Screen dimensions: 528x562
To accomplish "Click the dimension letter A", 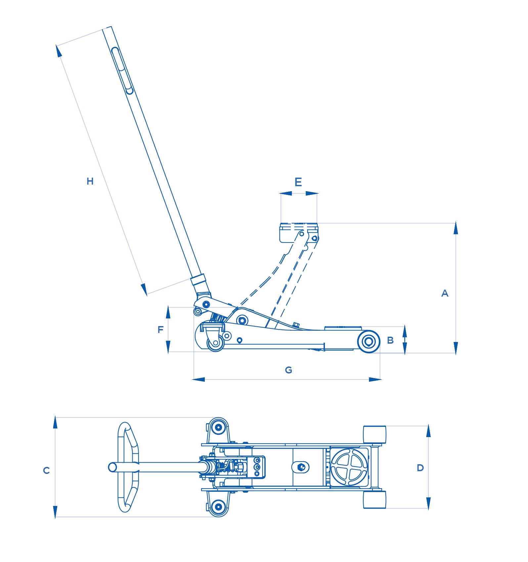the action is [445, 293].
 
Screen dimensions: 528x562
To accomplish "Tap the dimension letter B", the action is [390, 340].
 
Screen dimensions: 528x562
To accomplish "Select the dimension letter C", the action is [46, 471].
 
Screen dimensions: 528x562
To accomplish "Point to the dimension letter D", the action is [420, 468].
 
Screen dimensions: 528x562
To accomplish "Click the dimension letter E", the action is [298, 182].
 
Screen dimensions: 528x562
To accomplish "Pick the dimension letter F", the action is [160, 330].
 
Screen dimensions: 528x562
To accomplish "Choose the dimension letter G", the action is [288, 370].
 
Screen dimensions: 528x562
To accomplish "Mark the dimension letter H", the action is [90, 181].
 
